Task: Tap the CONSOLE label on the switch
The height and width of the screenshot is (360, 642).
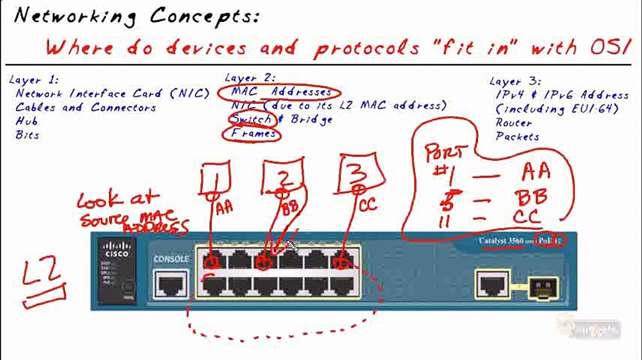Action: click(x=171, y=259)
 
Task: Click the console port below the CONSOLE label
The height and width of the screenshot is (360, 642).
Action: click(x=171, y=285)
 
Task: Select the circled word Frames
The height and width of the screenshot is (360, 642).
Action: click(x=253, y=133)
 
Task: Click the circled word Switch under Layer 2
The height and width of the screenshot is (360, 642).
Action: click(x=251, y=119)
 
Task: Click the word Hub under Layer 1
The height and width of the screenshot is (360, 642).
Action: click(x=26, y=121)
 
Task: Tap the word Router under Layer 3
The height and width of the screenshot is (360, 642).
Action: click(x=513, y=122)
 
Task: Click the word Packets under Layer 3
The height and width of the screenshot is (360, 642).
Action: click(x=517, y=136)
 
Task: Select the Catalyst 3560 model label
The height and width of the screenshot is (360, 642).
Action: click(x=501, y=241)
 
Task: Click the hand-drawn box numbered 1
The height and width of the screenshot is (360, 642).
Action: click(x=215, y=178)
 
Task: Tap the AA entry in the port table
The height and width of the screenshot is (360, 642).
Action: click(x=536, y=172)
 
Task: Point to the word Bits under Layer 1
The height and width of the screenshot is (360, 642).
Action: click(x=27, y=135)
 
